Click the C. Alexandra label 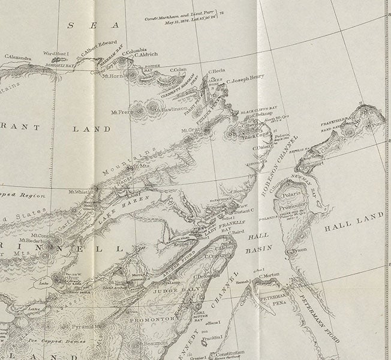(18, 57)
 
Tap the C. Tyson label (297, 250)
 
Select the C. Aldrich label (148, 54)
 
